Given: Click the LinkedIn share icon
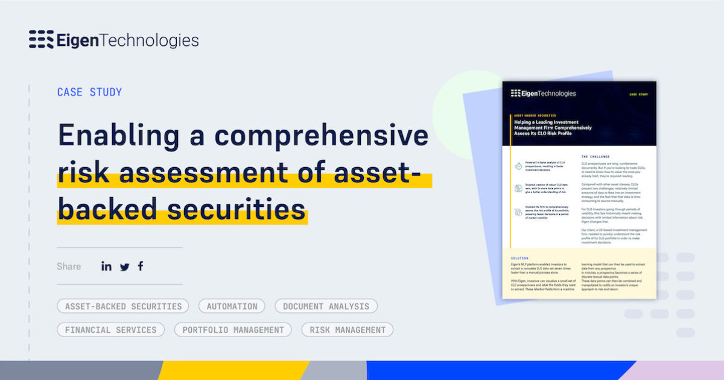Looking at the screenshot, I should (106, 266).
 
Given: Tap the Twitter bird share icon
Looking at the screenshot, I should (124, 267).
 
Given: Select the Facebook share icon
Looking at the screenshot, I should (141, 266).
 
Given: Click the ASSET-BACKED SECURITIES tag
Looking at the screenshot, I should (123, 306).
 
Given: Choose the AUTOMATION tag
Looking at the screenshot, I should (232, 306).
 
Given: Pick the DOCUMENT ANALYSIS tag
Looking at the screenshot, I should (326, 306).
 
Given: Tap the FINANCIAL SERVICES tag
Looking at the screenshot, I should (110, 330).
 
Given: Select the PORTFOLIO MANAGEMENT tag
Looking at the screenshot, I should (233, 330).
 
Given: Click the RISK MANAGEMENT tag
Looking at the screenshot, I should (348, 330).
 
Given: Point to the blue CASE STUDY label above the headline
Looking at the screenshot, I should (89, 92).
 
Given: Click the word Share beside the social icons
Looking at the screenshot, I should (69, 267).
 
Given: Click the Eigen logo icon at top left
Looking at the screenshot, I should (41, 40).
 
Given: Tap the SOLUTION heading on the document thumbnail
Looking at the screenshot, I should (519, 258).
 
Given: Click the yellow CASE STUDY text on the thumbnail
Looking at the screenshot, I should (638, 95).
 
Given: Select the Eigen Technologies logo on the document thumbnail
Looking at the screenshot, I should (543, 93).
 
